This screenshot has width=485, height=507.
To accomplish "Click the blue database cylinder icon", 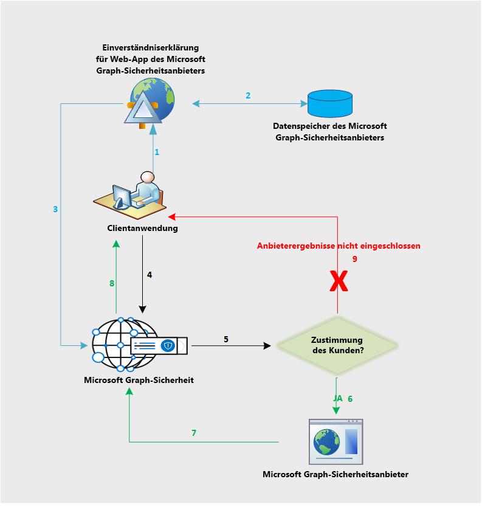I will point(330,103).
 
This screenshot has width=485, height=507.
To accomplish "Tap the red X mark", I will point(338,281).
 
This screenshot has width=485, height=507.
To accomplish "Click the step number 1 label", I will point(157,152).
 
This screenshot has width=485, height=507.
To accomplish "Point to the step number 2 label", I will point(248,95).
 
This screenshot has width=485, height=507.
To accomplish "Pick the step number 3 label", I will point(55,209).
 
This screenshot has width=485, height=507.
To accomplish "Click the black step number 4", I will point(150,275).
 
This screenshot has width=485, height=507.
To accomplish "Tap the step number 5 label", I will point(226,339).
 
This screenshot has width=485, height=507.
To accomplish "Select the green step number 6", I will point(350,399).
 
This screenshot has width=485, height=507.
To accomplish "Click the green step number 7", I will point(194,433).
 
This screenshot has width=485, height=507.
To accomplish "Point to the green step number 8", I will point(112,283).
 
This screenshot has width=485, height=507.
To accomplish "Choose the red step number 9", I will point(355,259).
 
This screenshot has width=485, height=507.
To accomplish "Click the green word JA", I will point(338,398).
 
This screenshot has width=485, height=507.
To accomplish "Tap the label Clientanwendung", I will point(142,229).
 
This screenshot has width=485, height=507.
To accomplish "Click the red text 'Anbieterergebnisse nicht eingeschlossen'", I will point(339,246).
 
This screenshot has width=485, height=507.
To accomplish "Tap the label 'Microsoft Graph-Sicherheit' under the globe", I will point(139,380).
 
